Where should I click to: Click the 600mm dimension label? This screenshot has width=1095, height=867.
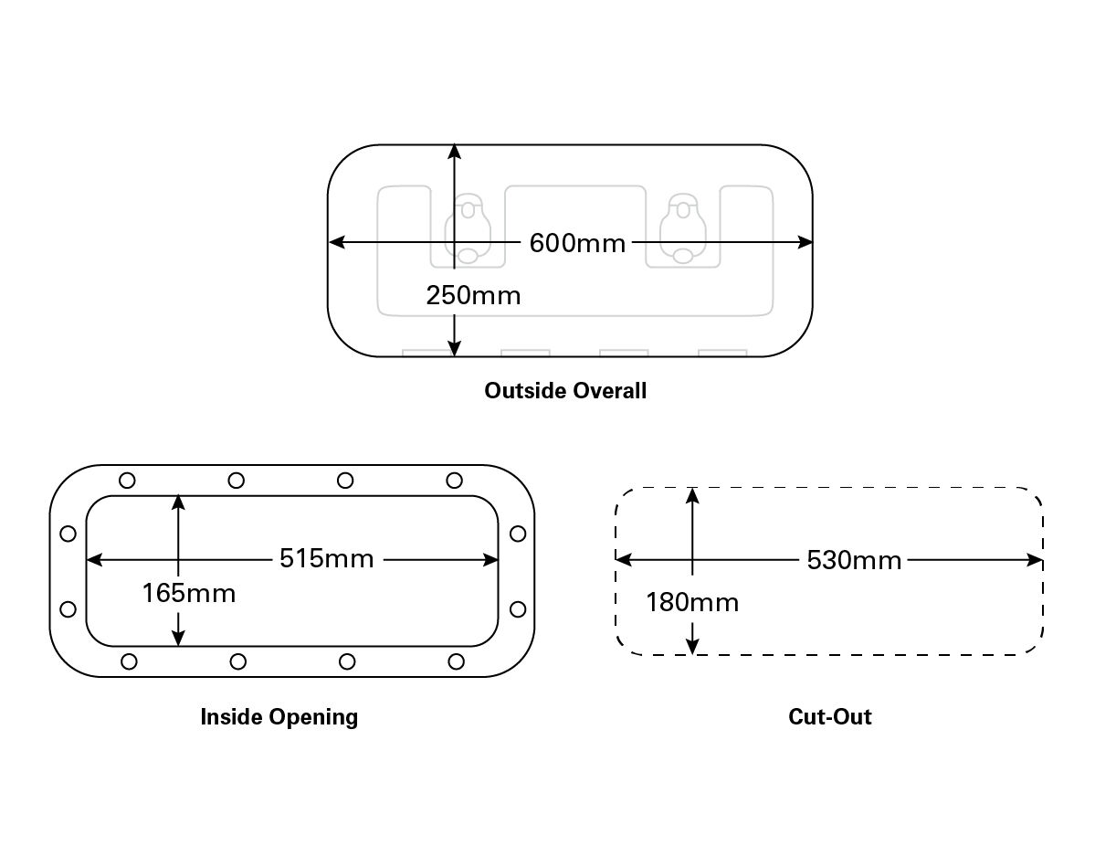click(577, 243)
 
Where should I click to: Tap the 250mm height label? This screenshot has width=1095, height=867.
click(473, 295)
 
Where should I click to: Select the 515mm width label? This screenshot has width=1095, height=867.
click(327, 559)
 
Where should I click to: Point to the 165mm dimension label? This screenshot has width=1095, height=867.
click(189, 593)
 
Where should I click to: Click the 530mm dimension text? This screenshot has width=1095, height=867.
click(854, 560)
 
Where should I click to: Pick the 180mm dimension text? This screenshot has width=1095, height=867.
click(692, 602)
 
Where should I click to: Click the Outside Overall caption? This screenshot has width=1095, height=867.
click(565, 391)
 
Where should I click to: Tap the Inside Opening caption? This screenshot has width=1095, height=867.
click(279, 716)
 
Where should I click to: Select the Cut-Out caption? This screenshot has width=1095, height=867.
click(829, 716)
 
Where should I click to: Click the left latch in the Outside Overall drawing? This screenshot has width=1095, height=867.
click(468, 229)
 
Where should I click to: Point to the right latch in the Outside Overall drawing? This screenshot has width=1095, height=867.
click(683, 229)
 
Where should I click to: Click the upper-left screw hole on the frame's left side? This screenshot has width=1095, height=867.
click(67, 534)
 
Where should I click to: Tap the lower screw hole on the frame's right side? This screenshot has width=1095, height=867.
click(518, 608)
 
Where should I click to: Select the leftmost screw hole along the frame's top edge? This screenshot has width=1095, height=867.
click(127, 481)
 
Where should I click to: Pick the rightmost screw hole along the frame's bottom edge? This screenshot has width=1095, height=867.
click(457, 661)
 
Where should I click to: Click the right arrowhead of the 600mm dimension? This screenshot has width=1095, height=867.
click(805, 242)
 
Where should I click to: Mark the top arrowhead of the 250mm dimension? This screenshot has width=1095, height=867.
click(454, 153)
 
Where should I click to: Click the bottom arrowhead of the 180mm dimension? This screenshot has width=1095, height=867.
click(693, 646)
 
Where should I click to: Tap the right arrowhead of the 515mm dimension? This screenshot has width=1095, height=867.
click(491, 559)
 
